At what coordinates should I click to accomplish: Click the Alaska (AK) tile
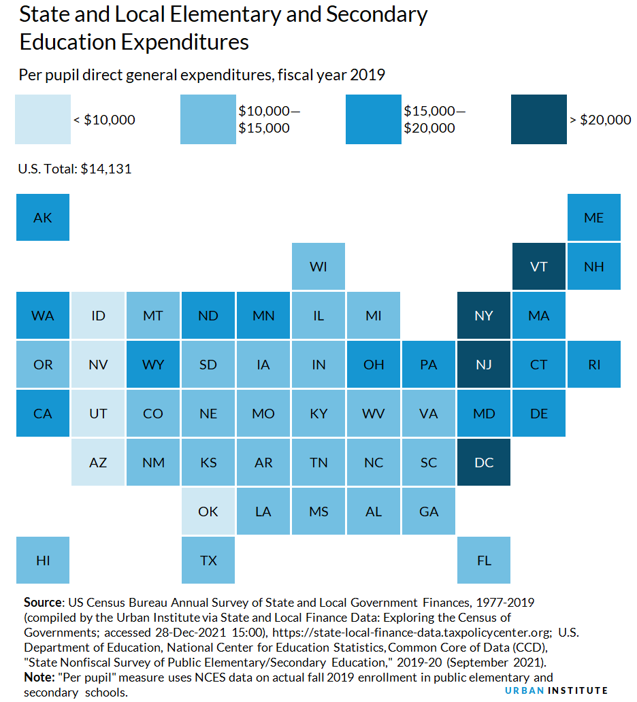click(43, 218)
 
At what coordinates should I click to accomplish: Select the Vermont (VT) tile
click(538, 267)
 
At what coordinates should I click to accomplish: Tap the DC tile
click(484, 463)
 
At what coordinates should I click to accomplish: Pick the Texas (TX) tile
click(208, 561)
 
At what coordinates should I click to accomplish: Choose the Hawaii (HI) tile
click(43, 561)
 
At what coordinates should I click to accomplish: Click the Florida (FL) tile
click(484, 561)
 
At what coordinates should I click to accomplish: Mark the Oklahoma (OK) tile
click(208, 512)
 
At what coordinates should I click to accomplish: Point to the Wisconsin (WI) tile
click(318, 267)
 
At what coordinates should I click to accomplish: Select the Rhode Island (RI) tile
click(594, 365)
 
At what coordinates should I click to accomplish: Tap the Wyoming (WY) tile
click(153, 365)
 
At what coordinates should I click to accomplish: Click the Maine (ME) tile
click(594, 218)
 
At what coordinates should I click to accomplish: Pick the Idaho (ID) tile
click(98, 316)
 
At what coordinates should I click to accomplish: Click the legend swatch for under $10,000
click(43, 120)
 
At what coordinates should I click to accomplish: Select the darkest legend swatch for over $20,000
click(538, 120)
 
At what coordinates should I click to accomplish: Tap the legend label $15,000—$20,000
click(429, 119)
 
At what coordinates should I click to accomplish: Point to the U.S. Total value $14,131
click(105, 169)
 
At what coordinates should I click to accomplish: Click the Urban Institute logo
click(556, 690)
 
